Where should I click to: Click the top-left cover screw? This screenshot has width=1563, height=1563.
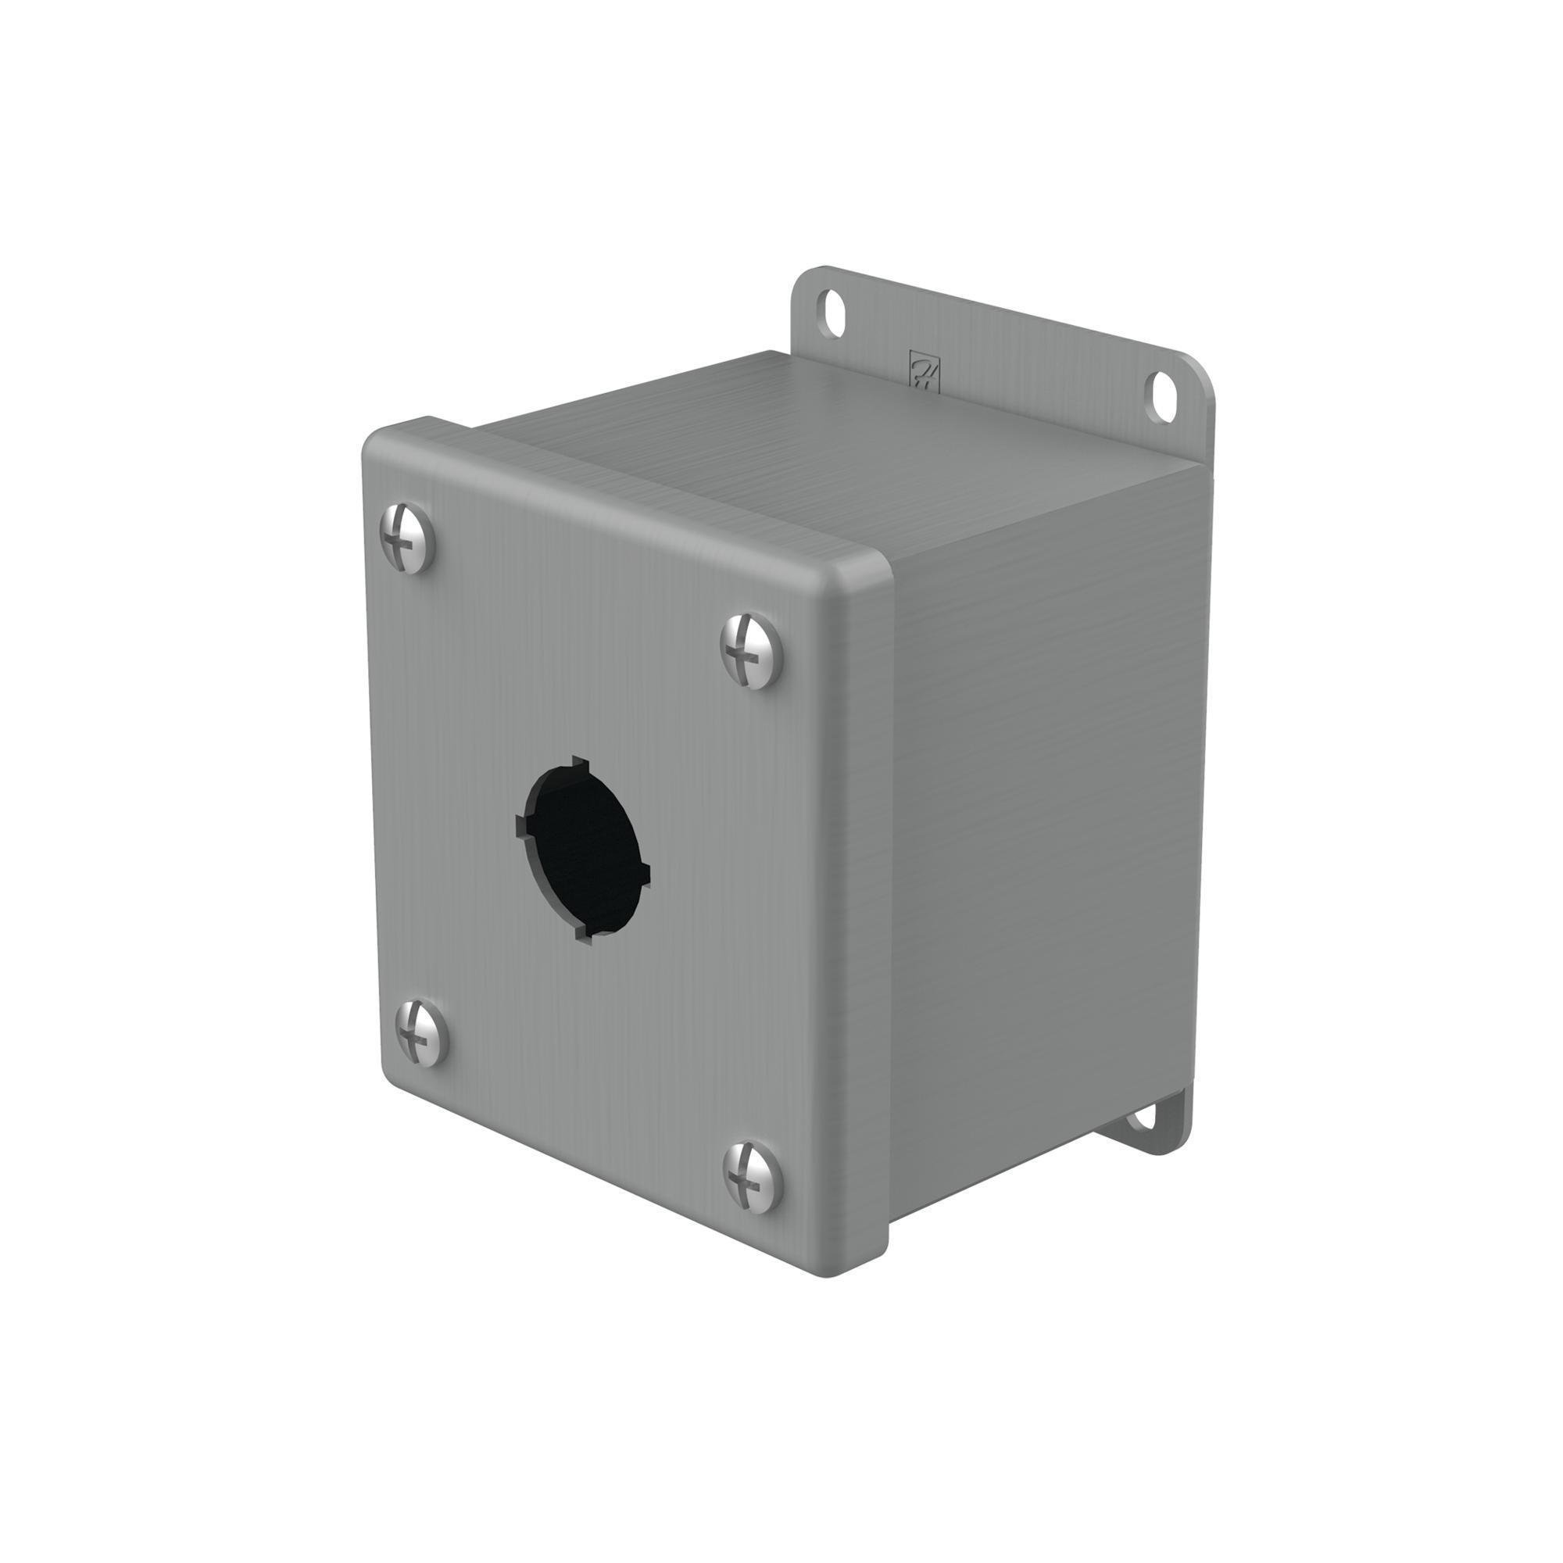tap(407, 538)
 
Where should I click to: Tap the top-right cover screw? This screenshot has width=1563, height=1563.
tap(752, 650)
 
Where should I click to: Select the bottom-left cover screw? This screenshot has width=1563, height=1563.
tap(421, 1032)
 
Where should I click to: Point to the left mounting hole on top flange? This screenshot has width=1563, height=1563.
tap(831, 313)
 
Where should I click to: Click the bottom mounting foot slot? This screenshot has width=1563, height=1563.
tap(1143, 1118)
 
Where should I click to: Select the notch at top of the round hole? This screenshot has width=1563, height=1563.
tap(578, 761)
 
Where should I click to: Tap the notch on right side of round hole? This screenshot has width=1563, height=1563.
tap(646, 872)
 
